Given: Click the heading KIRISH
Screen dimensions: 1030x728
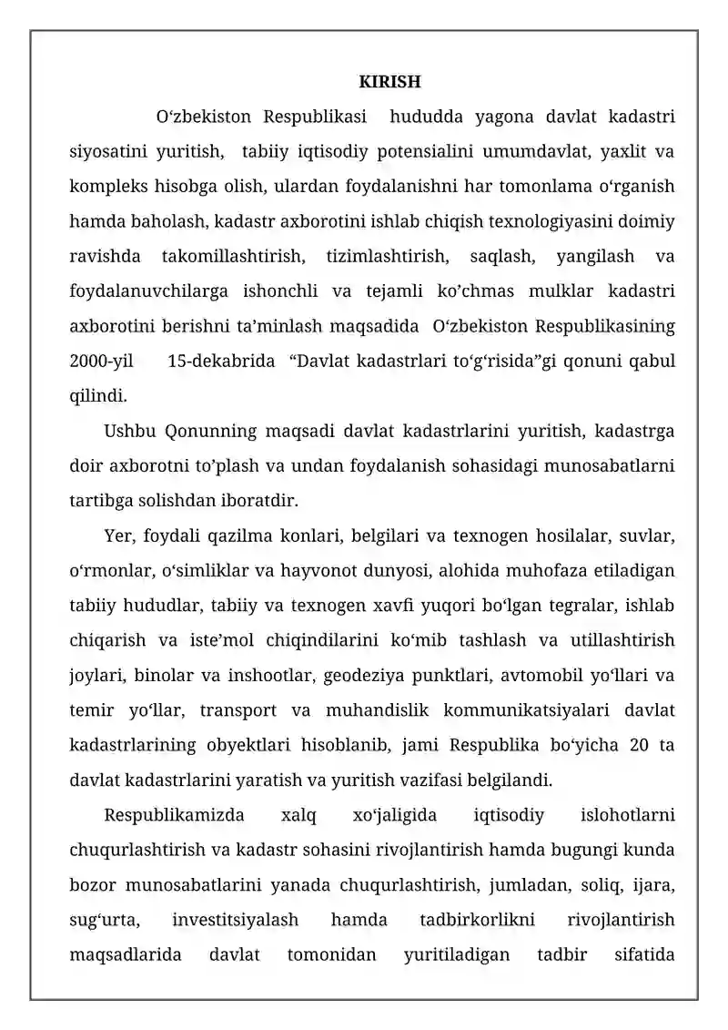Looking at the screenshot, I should tap(389, 83).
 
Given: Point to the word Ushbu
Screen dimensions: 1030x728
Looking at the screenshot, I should tap(131, 431).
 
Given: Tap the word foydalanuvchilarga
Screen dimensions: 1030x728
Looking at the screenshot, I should tap(147, 291).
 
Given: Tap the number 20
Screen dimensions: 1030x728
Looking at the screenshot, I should tap(639, 746).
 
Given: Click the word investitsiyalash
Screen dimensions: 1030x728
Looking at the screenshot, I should tap(235, 921).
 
